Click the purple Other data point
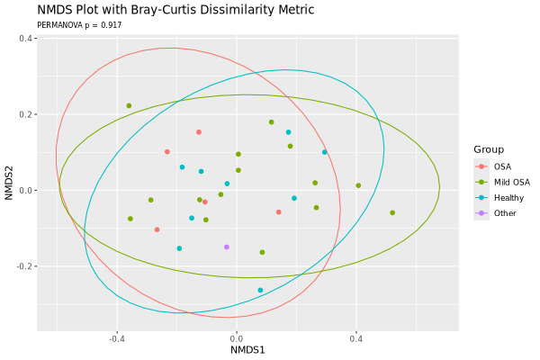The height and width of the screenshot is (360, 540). click(x=227, y=247)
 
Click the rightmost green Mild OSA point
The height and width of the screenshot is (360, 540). click(x=392, y=212)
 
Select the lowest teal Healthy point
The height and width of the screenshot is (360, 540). click(x=260, y=290)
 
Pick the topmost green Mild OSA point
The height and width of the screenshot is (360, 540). click(x=129, y=105)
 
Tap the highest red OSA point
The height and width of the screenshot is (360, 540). click(x=199, y=132)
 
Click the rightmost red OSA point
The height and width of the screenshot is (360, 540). click(x=279, y=211)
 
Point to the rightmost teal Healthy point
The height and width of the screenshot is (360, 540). click(x=325, y=152)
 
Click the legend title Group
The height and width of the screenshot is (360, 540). click(x=490, y=149)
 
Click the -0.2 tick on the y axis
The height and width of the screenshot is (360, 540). click(x=23, y=266)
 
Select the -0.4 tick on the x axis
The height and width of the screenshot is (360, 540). click(x=117, y=339)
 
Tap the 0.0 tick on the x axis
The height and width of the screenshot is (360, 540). click(x=238, y=339)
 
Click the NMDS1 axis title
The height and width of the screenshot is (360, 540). click(x=247, y=350)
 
